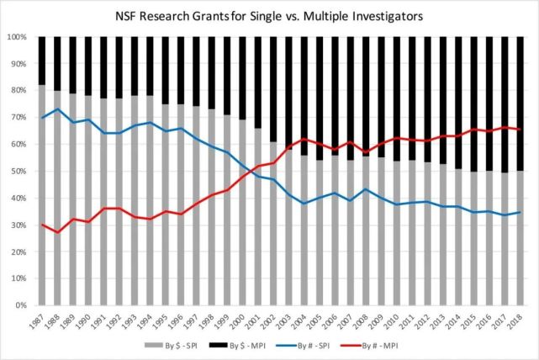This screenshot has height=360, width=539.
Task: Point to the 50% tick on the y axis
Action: click(x=18, y=172)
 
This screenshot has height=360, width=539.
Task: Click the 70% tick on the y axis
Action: click(x=18, y=118)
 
